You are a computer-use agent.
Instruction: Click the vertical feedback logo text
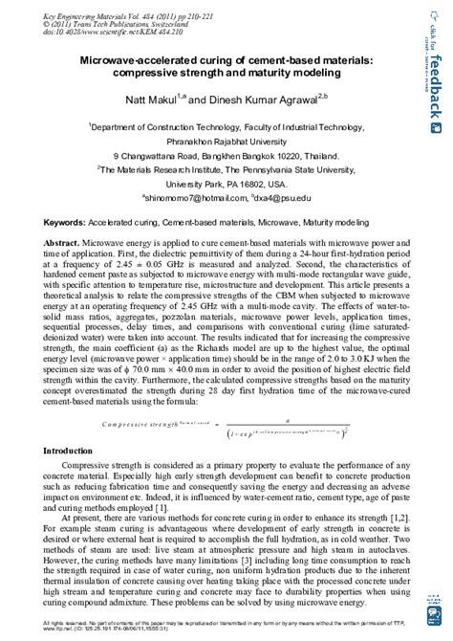coord(434,86)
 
